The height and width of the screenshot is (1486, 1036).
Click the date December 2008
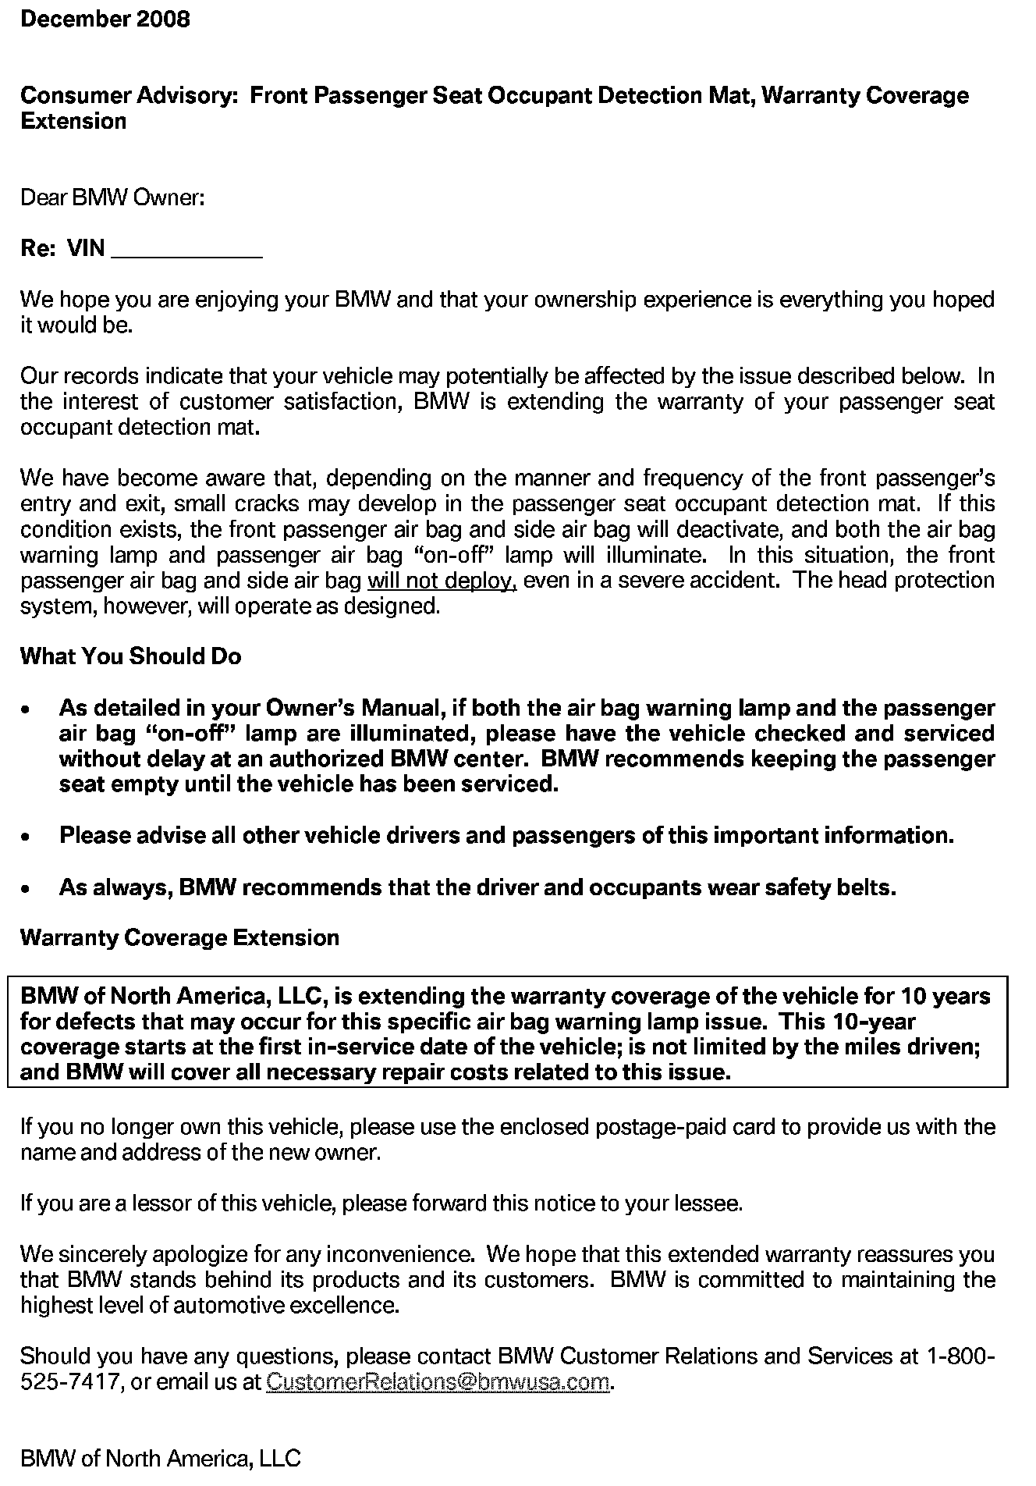(x=105, y=19)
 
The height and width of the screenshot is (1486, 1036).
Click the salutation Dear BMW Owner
(x=112, y=197)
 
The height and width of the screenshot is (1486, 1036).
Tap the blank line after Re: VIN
(x=187, y=250)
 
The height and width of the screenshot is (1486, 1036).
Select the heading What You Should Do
(x=130, y=656)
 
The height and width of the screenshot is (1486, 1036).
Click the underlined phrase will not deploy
(x=442, y=581)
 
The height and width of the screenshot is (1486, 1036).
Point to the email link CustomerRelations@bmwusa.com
(x=438, y=1381)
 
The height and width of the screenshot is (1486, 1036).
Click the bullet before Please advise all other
(x=27, y=837)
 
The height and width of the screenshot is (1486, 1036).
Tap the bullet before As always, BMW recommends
(x=27, y=889)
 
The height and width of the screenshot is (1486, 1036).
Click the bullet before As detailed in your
(x=27, y=709)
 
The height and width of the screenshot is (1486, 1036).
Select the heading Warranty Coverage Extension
(x=179, y=937)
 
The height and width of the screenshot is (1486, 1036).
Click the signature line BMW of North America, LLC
(x=160, y=1458)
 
